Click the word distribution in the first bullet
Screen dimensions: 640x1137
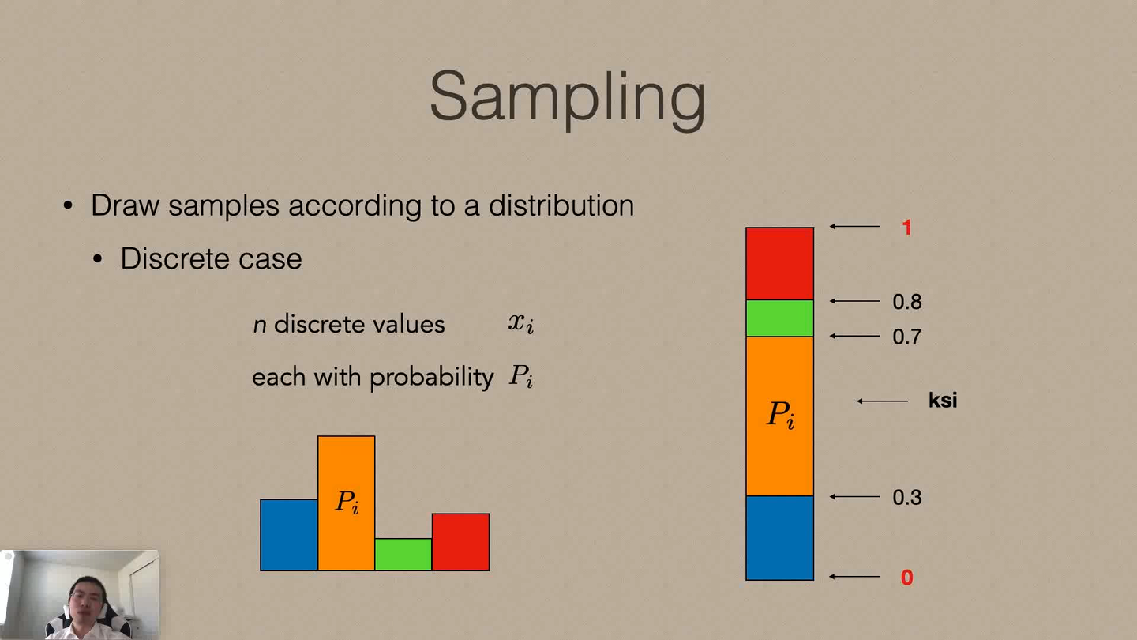tap(561, 205)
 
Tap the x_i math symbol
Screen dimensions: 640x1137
tap(521, 323)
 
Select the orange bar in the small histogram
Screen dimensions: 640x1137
tap(346, 474)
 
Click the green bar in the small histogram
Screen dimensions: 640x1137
tap(403, 555)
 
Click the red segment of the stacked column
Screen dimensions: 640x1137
tap(779, 263)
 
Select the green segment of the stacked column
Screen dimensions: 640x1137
tap(779, 318)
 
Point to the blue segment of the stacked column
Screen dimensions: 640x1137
tap(779, 538)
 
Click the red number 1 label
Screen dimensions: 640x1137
tap(906, 228)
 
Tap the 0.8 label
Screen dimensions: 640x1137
tap(906, 302)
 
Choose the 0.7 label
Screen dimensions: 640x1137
tap(906, 337)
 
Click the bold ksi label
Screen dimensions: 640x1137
tap(943, 401)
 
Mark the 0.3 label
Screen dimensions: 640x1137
tap(906, 498)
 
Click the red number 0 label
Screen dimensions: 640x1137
tap(906, 578)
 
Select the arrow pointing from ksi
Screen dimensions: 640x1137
tap(882, 401)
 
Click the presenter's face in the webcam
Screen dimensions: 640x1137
tap(84, 597)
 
